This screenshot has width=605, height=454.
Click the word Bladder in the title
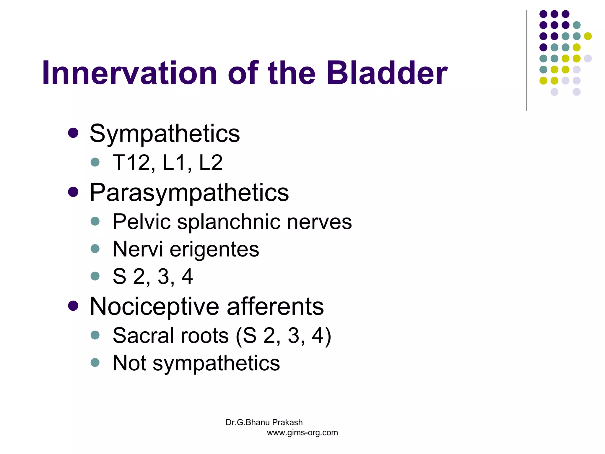[x=387, y=73]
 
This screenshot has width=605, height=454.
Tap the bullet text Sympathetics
[x=165, y=134]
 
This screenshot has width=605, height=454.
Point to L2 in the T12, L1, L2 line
[x=211, y=163]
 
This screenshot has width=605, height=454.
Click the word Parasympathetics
[x=189, y=193]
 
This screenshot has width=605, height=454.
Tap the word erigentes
[x=214, y=249]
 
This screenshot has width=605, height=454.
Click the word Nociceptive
[x=154, y=307]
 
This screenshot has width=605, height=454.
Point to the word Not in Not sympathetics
[x=129, y=363]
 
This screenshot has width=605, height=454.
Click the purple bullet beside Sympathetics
[x=73, y=133]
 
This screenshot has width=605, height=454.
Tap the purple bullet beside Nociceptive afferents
[x=73, y=306]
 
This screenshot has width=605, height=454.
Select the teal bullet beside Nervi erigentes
[x=95, y=249]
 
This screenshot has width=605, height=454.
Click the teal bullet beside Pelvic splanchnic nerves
[x=95, y=221]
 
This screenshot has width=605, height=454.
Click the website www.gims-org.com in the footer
[x=302, y=433]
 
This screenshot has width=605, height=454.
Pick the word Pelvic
[x=142, y=222]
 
